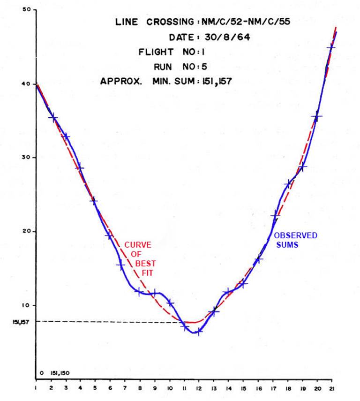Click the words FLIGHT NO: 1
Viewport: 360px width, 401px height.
(173, 52)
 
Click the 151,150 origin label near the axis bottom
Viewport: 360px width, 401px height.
(58, 373)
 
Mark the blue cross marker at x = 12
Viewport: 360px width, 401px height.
(199, 331)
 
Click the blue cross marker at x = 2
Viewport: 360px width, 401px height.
(53, 117)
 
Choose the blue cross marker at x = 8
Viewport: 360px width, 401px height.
(139, 292)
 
